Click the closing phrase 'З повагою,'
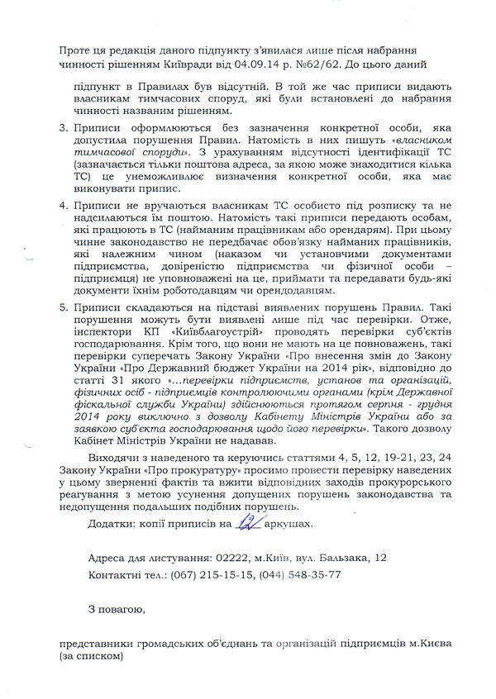point(116,611)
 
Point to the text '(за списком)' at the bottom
point(91,657)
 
